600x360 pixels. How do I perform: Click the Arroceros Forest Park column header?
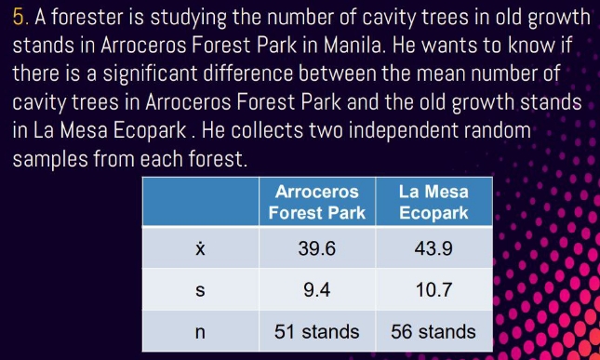tap(317, 203)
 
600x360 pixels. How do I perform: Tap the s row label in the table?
tap(199, 289)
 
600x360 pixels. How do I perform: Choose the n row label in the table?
tap(199, 331)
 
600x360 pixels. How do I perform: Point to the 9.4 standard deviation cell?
tap(317, 289)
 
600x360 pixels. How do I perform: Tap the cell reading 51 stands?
tap(317, 331)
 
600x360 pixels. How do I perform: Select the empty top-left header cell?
tap(199, 203)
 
